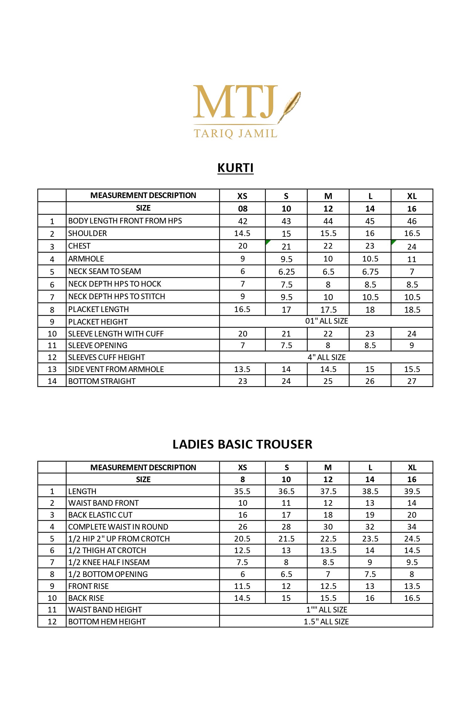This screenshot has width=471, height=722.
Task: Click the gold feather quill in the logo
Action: [291, 105]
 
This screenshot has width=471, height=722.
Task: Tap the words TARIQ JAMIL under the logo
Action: [235, 133]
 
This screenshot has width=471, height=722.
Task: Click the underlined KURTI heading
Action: [235, 168]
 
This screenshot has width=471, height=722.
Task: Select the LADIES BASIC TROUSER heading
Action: [242, 444]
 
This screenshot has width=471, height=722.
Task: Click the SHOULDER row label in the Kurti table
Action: [88, 234]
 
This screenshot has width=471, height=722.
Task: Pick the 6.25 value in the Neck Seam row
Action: [286, 272]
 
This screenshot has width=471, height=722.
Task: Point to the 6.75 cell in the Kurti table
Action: [370, 272]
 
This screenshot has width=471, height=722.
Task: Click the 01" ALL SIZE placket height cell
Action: [327, 321]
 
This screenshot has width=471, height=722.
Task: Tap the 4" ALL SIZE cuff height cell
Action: [327, 357]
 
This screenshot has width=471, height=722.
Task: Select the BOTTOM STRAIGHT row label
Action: [102, 381]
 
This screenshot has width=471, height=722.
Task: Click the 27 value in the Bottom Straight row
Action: [412, 381]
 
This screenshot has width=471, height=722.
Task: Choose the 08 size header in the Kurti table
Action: [243, 209]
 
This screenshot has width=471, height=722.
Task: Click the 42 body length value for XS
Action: [243, 221]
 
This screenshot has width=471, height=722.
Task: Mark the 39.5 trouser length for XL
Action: [412, 491]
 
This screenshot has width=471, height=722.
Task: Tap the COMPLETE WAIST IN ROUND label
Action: [118, 527]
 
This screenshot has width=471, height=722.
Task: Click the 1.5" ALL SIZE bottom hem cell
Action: [326, 622]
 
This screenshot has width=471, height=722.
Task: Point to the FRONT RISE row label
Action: [89, 586]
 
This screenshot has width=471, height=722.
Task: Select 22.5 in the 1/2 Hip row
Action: [328, 539]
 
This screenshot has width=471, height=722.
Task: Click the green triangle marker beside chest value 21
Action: [268, 242]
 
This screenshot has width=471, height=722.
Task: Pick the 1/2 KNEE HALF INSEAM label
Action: [109, 562]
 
